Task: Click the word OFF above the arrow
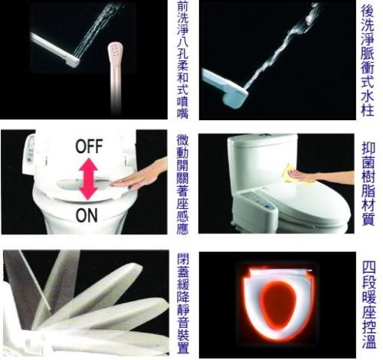click(x=89, y=146)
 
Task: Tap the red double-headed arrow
click(x=88, y=179)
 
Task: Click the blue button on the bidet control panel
click(x=267, y=206)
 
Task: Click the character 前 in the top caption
click(x=183, y=7)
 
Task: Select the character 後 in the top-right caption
click(x=368, y=10)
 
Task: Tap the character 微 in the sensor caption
click(x=183, y=140)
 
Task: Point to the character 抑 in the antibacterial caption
click(x=368, y=149)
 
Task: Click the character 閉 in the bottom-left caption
click(x=183, y=259)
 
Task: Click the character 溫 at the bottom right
click(x=369, y=342)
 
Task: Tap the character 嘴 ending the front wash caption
click(x=183, y=112)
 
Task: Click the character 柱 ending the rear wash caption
click(x=368, y=110)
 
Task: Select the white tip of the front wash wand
click(x=73, y=61)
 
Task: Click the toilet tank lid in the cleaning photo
click(x=263, y=140)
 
